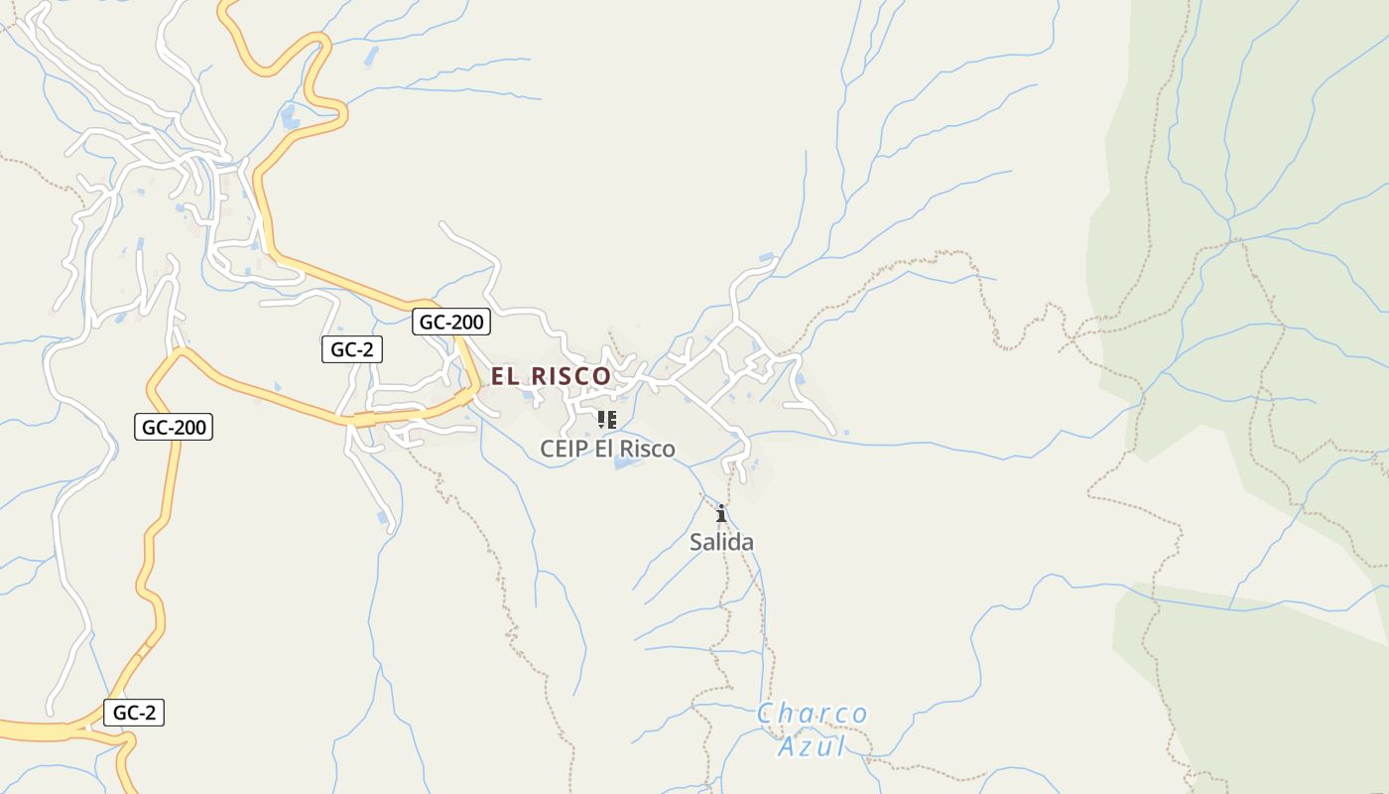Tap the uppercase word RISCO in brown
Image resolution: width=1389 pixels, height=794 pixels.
[x=571, y=376]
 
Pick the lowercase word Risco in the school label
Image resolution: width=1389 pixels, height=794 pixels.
[x=648, y=449]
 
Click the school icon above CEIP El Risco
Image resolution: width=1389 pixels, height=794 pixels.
[x=606, y=420]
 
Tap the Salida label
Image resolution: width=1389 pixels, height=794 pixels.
[x=721, y=542]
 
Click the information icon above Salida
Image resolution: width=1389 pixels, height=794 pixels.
[x=721, y=513]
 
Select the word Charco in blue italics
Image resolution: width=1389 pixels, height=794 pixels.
[x=812, y=714]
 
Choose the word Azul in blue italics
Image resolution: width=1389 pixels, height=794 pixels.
[x=812, y=745]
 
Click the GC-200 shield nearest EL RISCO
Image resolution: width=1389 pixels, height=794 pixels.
[x=451, y=322]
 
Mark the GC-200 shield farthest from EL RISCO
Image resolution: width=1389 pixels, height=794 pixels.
[x=174, y=428]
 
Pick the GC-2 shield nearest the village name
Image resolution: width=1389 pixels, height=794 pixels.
[x=352, y=349]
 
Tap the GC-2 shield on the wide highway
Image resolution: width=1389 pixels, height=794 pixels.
[x=134, y=713]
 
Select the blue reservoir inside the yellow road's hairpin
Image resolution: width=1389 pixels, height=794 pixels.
[x=290, y=118]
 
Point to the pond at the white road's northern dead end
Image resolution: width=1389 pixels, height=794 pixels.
[x=766, y=258]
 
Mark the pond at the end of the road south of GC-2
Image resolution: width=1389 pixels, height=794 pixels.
[x=383, y=517]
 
